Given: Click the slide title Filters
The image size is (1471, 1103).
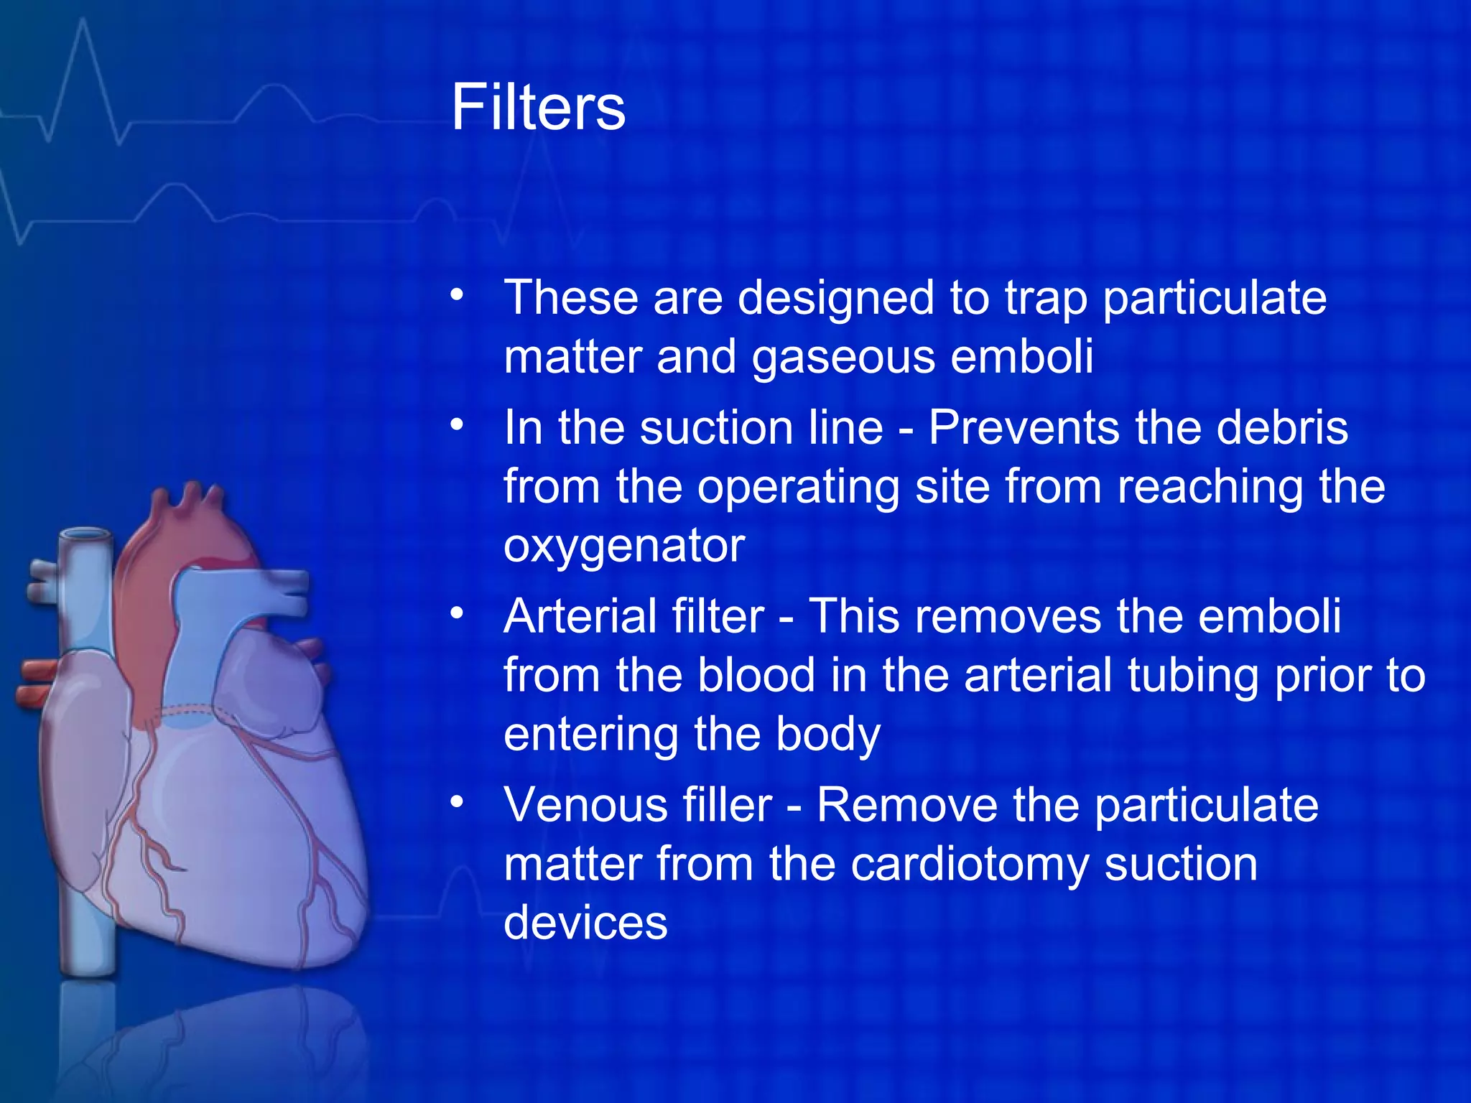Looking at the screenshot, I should point(538,108).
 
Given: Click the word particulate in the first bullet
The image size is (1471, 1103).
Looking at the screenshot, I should point(1214,299).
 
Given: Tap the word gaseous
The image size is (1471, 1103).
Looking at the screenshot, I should point(843,358).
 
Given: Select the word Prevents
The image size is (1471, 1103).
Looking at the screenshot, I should point(1024,429).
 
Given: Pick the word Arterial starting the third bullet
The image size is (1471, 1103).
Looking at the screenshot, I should point(634,617).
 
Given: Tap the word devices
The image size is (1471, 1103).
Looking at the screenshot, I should point(585,923).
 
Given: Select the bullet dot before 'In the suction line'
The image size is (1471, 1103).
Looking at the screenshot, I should point(458,424).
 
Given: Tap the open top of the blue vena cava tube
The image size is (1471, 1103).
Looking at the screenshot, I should point(86,536).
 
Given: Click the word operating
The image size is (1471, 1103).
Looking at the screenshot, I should point(798,488).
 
